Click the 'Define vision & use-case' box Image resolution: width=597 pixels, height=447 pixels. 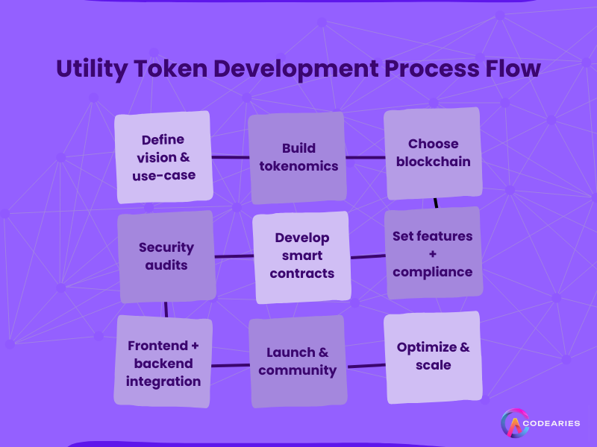(x=163, y=157)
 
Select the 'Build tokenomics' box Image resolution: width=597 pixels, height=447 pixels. (x=297, y=157)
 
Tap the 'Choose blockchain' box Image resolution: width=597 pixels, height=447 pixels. (x=433, y=153)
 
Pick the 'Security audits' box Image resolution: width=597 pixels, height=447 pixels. (x=166, y=256)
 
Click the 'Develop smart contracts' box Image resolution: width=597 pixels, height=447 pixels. (x=301, y=257)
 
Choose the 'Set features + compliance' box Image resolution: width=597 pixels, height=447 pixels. (x=433, y=253)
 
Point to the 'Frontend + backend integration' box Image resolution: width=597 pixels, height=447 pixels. (x=163, y=363)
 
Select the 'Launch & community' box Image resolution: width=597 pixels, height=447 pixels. (x=297, y=361)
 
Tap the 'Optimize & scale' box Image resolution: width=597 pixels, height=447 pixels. (x=433, y=356)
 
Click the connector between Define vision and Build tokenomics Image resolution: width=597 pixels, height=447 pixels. (x=230, y=157)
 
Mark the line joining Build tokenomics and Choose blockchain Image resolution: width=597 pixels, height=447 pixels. (x=365, y=157)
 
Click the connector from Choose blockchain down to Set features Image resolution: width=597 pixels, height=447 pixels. (x=435, y=203)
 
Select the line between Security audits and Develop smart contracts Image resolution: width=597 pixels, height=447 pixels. (x=234, y=256)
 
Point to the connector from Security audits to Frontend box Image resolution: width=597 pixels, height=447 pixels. (x=166, y=308)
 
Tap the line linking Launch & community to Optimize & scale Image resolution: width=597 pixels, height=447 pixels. (x=366, y=365)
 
